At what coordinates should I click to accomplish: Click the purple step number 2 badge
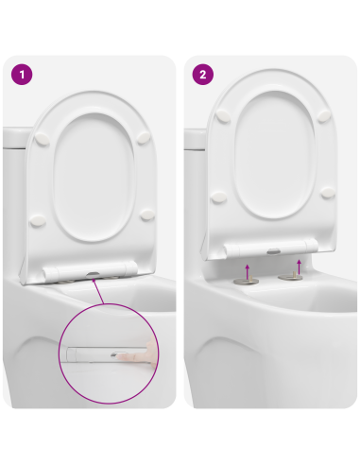coord(202,73)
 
